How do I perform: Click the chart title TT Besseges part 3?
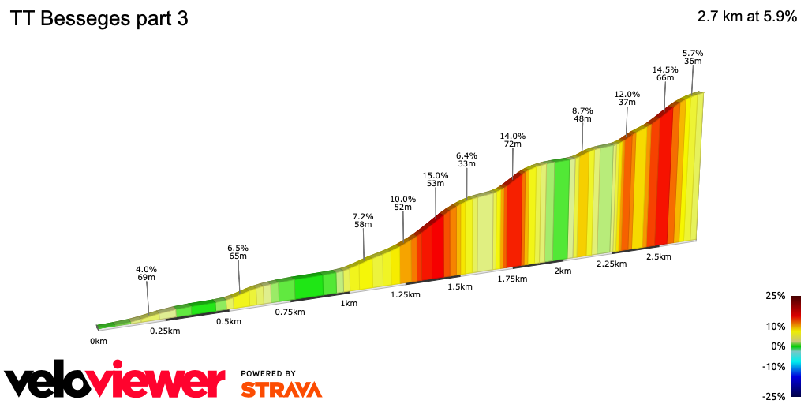(99, 19)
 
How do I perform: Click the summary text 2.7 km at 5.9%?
(746, 17)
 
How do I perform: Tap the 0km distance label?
(98, 342)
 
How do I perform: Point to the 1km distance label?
(349, 303)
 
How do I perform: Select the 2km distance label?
(562, 271)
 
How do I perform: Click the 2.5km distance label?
(658, 256)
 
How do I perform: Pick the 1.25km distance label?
(405, 294)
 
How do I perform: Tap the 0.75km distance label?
(289, 312)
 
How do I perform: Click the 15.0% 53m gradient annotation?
(435, 179)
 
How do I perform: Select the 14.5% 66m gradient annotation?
(665, 73)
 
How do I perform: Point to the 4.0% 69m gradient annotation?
(146, 273)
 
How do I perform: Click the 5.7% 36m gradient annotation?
(693, 57)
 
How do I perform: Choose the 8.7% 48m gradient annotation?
(582, 114)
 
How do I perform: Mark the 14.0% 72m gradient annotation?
(513, 140)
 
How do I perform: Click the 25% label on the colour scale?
(775, 296)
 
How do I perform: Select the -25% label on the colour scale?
(773, 396)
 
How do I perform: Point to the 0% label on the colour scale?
(778, 346)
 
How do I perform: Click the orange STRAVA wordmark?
(281, 389)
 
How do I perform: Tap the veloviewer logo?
(114, 381)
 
